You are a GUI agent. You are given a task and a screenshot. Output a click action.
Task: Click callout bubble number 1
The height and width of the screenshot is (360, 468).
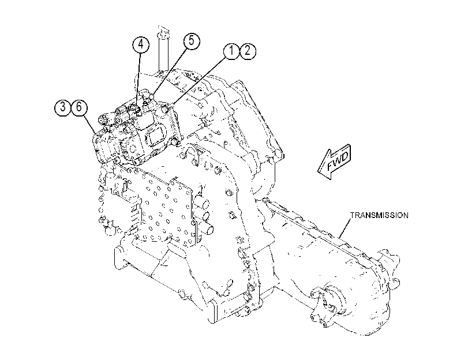click(x=231, y=51)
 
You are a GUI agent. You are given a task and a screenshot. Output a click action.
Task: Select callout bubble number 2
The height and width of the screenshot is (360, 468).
click(x=248, y=51)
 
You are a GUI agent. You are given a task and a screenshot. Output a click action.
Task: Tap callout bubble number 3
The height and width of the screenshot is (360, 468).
click(x=63, y=107)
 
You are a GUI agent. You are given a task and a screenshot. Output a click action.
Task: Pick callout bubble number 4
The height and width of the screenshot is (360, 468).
click(x=141, y=44)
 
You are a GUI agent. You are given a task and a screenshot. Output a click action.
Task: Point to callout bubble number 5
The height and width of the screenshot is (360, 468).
click(x=192, y=41)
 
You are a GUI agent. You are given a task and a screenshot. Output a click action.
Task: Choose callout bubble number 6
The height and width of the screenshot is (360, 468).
click(x=79, y=107)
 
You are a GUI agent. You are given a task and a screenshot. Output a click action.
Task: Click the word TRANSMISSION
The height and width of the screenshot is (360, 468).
click(x=379, y=215)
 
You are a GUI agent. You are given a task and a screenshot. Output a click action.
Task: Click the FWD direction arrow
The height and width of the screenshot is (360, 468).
click(x=334, y=162)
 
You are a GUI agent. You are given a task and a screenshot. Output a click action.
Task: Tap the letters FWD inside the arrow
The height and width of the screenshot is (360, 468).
click(x=338, y=161)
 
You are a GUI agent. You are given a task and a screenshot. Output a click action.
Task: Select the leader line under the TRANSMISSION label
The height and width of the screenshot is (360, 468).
click(x=345, y=228)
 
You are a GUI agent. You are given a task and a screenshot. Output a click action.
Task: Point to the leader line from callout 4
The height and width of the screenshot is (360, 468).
click(x=138, y=79)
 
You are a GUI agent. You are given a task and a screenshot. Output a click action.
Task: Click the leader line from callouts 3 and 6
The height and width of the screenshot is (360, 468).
click(x=89, y=124)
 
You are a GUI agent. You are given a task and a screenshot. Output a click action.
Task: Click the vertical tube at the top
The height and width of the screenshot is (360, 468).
click(x=163, y=49)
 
